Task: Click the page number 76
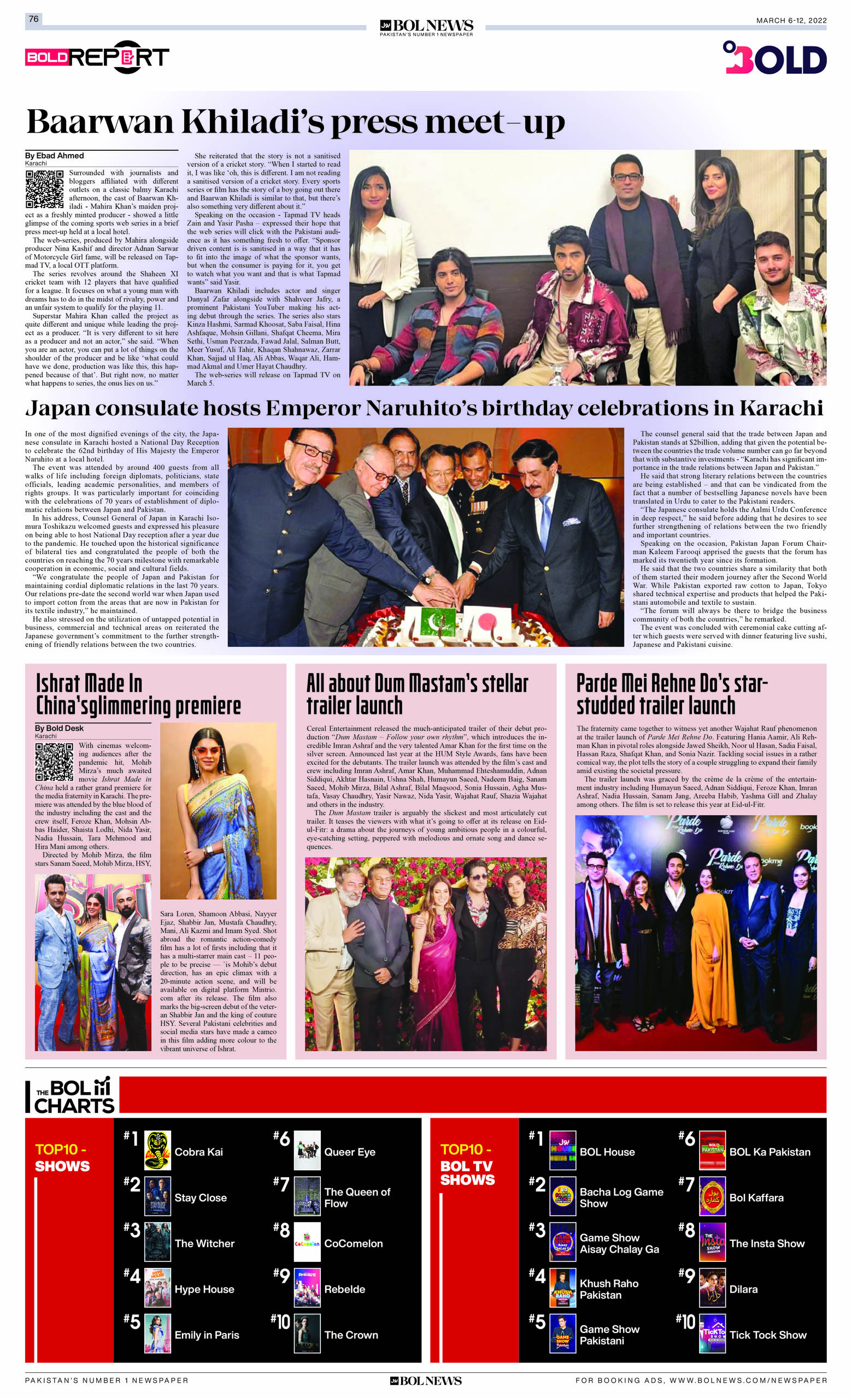click(33, 19)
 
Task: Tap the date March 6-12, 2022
click(791, 20)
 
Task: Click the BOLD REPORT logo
click(97, 57)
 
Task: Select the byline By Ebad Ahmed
click(55, 156)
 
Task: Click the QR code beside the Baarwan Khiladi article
click(44, 189)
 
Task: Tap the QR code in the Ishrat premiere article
click(54, 762)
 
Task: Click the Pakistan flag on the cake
click(438, 622)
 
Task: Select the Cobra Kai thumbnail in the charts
click(157, 1151)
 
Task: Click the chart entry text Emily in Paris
click(207, 1335)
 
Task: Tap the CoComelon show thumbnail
click(307, 1243)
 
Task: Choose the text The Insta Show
click(766, 1243)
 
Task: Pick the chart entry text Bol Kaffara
click(756, 1197)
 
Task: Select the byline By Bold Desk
click(59, 728)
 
